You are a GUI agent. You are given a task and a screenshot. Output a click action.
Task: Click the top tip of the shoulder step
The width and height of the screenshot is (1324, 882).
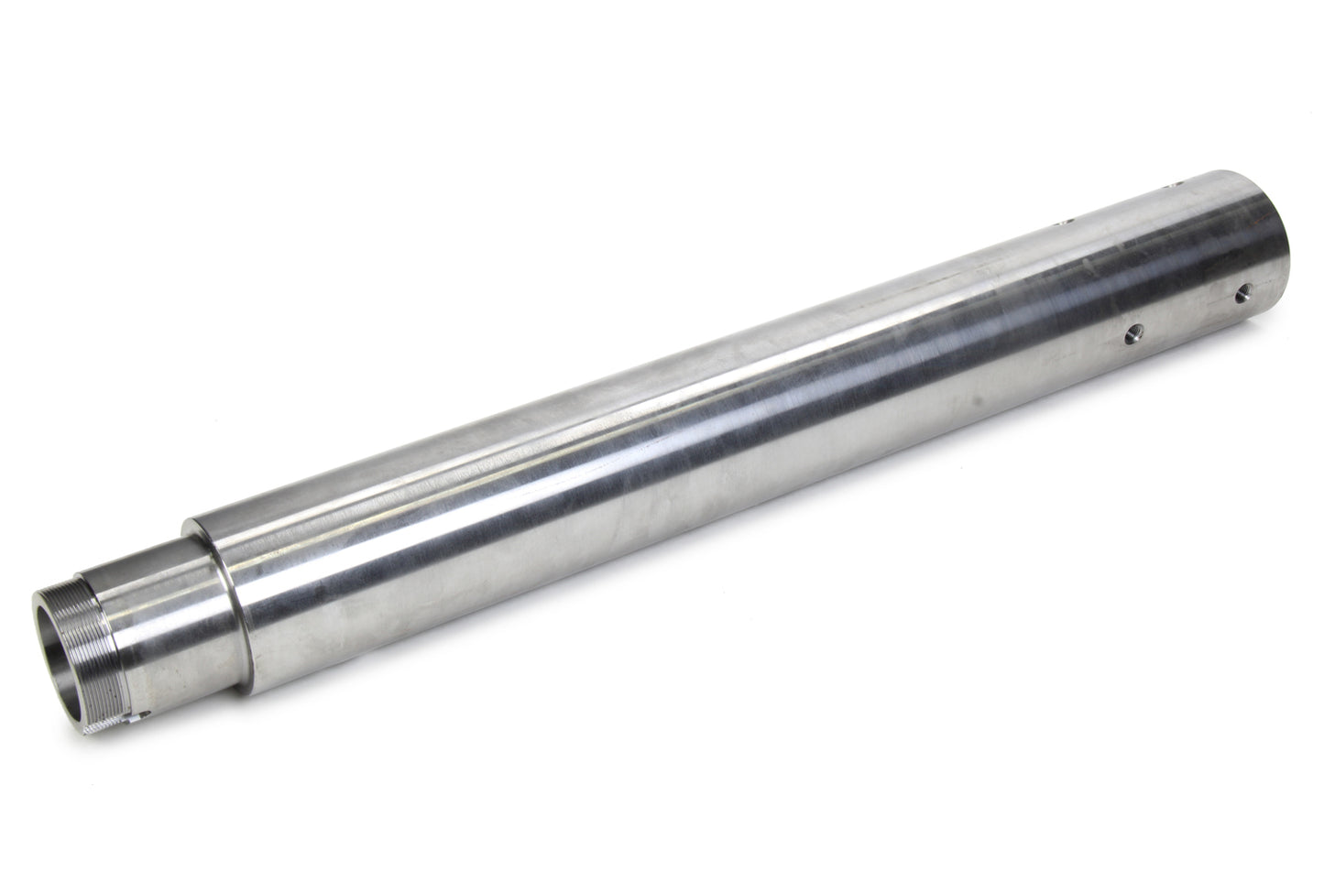pyautogui.click(x=189, y=524)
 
